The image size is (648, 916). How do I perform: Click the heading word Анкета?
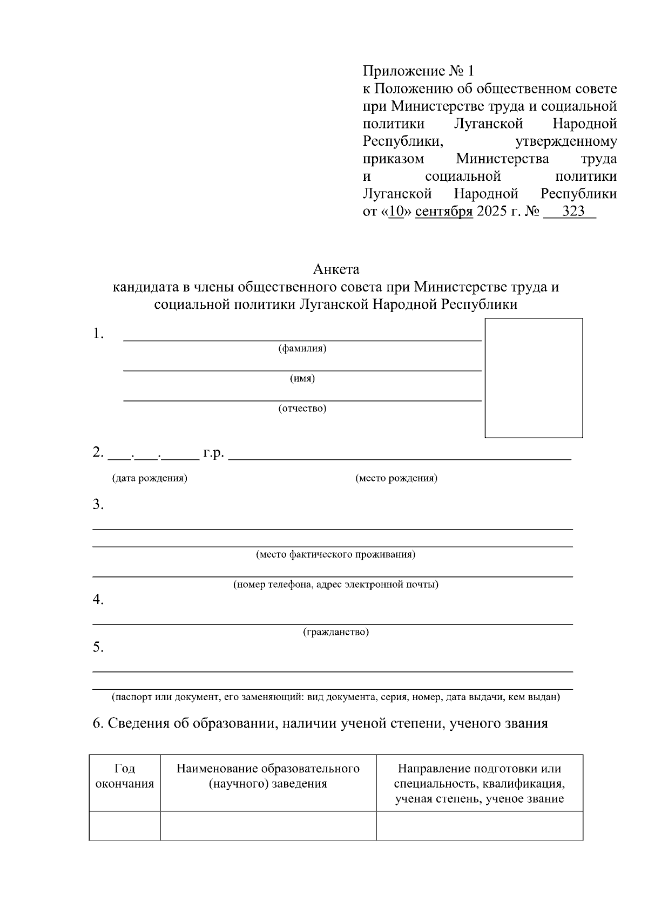[336, 269]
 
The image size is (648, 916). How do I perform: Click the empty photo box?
[534, 378]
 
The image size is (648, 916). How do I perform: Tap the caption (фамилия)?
[302, 349]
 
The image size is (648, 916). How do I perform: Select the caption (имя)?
[302, 378]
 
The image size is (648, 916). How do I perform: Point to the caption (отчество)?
[302, 409]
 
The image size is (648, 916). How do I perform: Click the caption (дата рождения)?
[150, 478]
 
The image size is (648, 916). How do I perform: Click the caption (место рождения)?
[396, 478]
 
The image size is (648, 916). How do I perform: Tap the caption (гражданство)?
[336, 632]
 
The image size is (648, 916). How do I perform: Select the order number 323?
[573, 211]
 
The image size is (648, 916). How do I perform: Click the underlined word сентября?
[444, 211]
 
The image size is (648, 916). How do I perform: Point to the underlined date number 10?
[396, 211]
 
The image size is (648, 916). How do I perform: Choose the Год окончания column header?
[125, 776]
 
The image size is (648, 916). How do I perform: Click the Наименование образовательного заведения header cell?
[268, 776]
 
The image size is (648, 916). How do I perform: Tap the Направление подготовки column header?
[480, 783]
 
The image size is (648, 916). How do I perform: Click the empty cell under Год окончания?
[125, 826]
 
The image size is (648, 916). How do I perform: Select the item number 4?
[98, 600]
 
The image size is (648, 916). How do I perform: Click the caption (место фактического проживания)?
[335, 554]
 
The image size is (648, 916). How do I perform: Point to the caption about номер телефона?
[335, 585]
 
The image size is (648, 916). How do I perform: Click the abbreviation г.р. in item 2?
[213, 452]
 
